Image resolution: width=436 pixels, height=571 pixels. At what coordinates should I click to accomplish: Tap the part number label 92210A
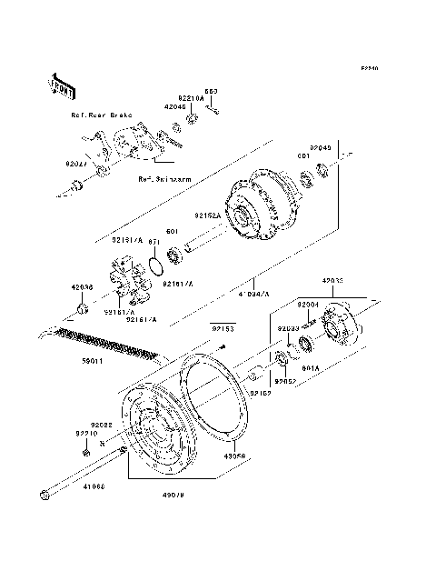pyautogui.click(x=190, y=96)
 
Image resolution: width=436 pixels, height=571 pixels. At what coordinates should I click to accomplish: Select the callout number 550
pyautogui.click(x=209, y=92)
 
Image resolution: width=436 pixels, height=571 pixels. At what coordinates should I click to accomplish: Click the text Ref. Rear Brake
pyautogui.click(x=102, y=115)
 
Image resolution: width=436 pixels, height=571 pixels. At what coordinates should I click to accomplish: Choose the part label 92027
pyautogui.click(x=76, y=164)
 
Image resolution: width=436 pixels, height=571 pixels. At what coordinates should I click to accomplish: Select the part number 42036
pyautogui.click(x=83, y=287)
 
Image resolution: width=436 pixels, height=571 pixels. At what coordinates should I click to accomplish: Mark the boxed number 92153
pyautogui.click(x=223, y=327)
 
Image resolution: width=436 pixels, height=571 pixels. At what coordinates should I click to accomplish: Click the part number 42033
pyautogui.click(x=332, y=281)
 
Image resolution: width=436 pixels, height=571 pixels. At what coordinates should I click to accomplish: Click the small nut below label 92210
pyautogui.click(x=85, y=452)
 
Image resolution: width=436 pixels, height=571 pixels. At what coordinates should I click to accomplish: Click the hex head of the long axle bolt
pyautogui.click(x=44, y=495)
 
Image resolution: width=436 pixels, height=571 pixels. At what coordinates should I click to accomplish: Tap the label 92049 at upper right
pyautogui.click(x=320, y=146)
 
